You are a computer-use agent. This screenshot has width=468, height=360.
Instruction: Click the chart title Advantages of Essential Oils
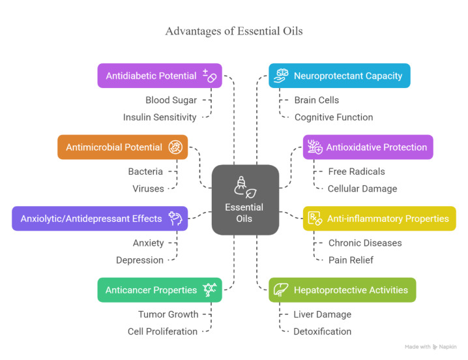[233, 31]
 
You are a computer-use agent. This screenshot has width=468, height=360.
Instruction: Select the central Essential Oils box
[245, 200]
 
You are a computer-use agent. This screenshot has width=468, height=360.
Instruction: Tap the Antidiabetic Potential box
[160, 76]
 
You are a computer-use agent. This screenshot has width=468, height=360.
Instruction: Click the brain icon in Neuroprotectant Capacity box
[281, 76]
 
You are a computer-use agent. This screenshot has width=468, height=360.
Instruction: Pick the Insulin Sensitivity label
[160, 117]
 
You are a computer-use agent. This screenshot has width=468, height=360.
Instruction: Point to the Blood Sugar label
[171, 100]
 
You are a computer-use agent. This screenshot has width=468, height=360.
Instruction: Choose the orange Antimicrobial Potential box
[123, 147]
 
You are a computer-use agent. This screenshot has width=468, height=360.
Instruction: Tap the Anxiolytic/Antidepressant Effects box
[100, 218]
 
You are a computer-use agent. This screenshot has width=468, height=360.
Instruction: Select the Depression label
[139, 260]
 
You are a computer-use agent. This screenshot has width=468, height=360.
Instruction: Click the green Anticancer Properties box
[160, 290]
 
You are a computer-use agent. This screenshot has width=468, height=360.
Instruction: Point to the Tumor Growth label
[168, 314]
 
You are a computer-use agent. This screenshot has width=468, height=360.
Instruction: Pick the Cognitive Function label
[334, 117]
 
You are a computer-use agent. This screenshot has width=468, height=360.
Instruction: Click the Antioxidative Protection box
[368, 147]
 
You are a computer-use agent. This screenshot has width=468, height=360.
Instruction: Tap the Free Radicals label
[357, 172]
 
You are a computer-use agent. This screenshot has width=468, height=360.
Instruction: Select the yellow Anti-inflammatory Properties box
[379, 218]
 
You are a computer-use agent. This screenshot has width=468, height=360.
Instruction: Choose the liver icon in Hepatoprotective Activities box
[281, 290]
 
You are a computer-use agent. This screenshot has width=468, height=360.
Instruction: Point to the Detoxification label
[322, 331]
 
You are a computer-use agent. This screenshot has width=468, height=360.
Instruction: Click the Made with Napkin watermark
[430, 347]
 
